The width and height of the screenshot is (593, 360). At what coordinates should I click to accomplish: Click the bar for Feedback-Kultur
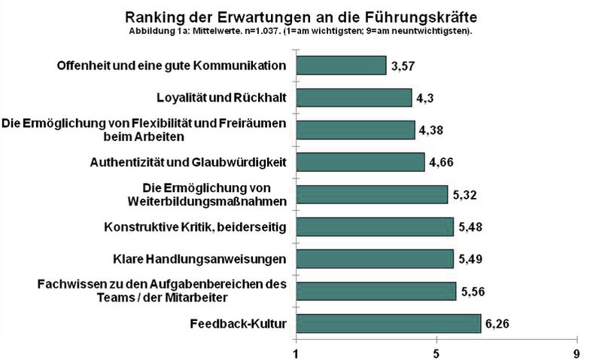point(388,324)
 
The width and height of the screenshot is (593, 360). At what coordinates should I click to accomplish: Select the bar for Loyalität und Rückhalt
point(354,97)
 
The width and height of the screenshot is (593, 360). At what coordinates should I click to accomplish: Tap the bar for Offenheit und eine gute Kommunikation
point(341,66)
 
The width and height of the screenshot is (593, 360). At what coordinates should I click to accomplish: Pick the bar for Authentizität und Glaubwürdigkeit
point(360,162)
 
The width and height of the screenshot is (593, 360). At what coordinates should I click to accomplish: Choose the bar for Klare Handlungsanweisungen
point(375,259)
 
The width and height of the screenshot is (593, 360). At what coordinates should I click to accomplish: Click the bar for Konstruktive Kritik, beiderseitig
point(375,227)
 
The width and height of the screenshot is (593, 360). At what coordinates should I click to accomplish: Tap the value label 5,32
point(465,195)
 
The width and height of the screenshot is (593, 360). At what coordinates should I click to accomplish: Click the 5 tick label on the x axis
point(436,352)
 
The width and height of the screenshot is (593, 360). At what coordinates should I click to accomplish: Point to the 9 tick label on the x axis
point(576,352)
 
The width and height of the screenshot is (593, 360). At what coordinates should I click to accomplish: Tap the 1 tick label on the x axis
point(296,352)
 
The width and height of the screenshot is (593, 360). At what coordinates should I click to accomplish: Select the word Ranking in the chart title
point(155,16)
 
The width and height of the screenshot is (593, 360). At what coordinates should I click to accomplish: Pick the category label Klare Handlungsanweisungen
point(199,260)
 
